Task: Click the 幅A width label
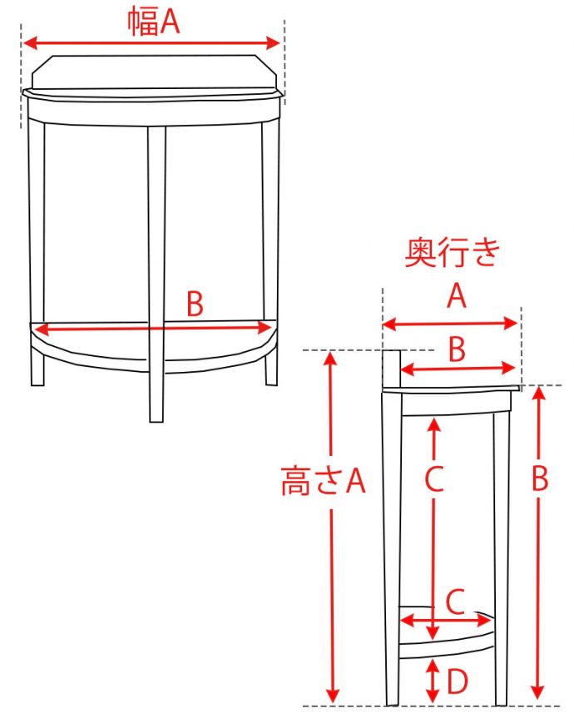click(x=153, y=22)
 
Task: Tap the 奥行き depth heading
click(x=452, y=252)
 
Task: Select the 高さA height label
click(x=323, y=481)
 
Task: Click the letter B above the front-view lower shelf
click(x=195, y=304)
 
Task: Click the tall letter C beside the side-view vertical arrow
click(x=434, y=478)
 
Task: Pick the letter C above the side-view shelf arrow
click(x=455, y=602)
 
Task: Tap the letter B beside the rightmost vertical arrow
click(x=540, y=479)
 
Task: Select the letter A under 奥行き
click(x=457, y=296)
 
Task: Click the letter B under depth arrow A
click(x=457, y=349)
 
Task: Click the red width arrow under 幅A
click(x=151, y=43)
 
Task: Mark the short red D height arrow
click(x=433, y=681)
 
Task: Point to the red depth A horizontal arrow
click(x=450, y=324)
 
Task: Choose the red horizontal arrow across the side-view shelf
click(x=446, y=621)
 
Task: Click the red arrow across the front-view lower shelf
click(x=154, y=329)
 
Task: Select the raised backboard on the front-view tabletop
click(x=155, y=72)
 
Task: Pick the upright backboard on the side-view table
click(x=391, y=369)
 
